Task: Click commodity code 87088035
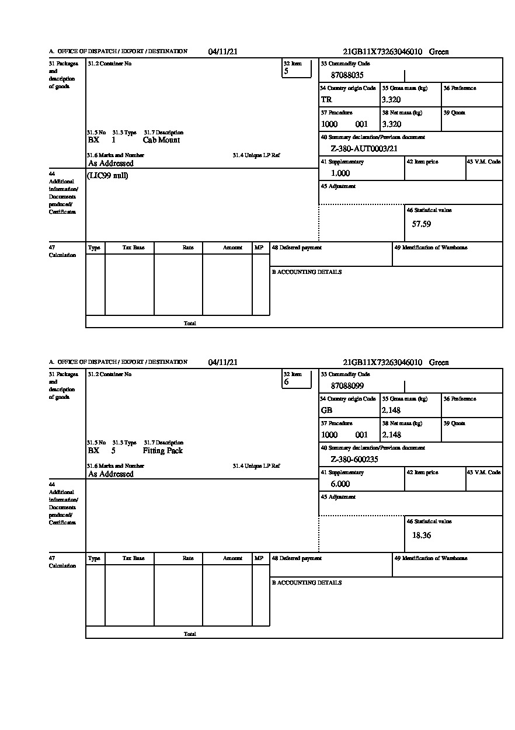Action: coord(347,75)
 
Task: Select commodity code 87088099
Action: coord(347,386)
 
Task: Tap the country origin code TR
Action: coord(326,100)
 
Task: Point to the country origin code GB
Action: coord(326,411)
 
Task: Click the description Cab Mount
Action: coord(161,140)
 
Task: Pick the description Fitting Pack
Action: coord(162,451)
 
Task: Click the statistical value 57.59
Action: coord(422,224)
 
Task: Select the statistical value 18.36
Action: coord(422,535)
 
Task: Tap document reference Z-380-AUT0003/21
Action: coord(364,149)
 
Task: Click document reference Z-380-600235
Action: coord(354,460)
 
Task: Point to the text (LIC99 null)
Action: coord(107,176)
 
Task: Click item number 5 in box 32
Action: coord(286,72)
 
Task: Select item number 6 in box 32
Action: coord(286,383)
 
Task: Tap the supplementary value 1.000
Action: coord(340,173)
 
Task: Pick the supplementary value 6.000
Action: coord(340,484)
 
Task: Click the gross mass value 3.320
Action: coord(391,100)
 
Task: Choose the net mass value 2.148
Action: coord(391,435)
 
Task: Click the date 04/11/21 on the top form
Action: coord(223,52)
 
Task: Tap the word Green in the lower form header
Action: coord(439,363)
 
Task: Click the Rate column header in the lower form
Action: coord(188,558)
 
